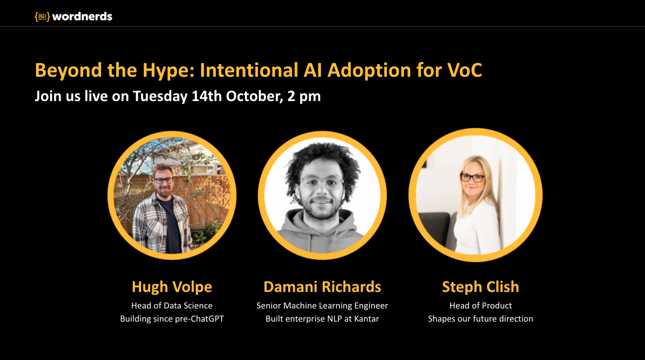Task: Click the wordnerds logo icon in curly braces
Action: (42, 17)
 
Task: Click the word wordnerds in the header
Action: (82, 17)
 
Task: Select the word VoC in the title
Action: (465, 70)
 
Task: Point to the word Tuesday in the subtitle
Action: (160, 96)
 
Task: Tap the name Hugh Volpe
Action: (172, 287)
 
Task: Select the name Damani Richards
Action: (322, 287)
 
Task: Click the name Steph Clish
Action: (481, 287)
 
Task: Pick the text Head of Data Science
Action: (172, 306)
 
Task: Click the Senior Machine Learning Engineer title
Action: (322, 306)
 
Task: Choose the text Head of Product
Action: (481, 306)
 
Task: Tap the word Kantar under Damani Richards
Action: (366, 319)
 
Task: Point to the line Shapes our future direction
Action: (481, 319)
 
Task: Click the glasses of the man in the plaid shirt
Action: (163, 181)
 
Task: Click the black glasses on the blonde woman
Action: (472, 177)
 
